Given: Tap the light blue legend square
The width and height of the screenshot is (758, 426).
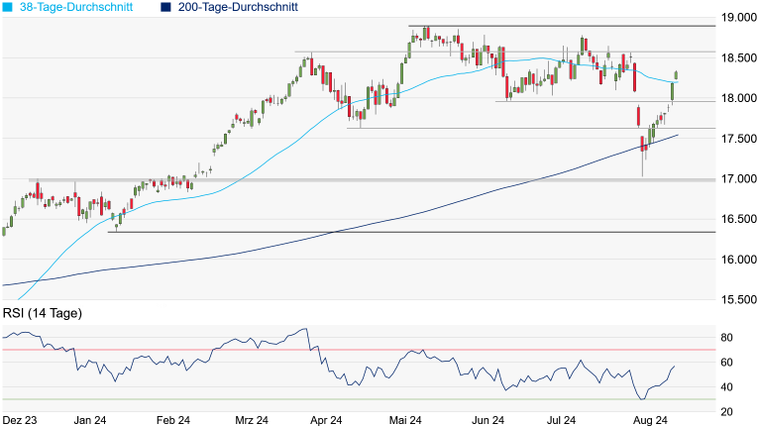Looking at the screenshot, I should click(8, 7).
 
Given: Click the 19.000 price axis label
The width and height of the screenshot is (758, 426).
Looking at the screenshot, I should click(735, 18).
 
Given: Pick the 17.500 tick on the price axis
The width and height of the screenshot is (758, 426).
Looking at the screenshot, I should click(735, 139).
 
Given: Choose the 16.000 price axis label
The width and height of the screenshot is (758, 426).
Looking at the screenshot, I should click(735, 260).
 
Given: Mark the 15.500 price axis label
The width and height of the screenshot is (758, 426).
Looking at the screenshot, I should click(735, 299).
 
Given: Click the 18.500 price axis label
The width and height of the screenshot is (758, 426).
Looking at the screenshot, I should click(735, 58).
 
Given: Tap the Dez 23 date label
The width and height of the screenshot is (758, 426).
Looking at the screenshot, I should click(20, 420).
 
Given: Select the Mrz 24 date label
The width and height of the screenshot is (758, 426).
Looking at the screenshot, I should click(252, 420).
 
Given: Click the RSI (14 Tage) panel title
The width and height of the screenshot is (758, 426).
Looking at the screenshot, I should click(42, 313).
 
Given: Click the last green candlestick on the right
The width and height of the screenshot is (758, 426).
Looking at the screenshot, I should click(676, 74).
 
